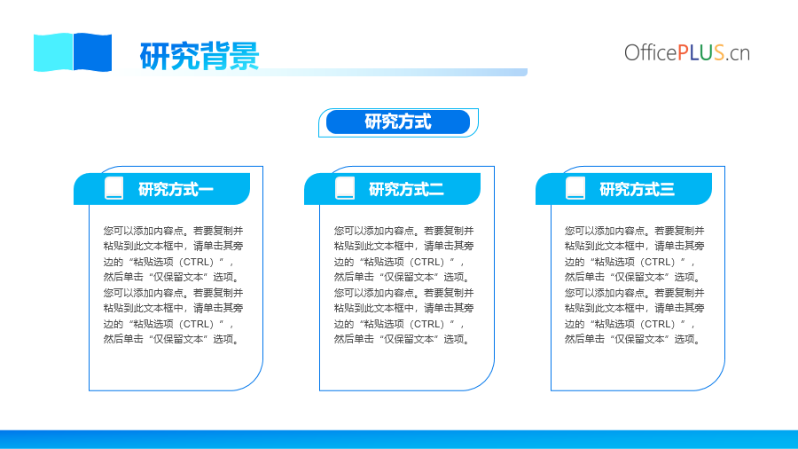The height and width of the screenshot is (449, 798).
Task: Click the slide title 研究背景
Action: [199, 56]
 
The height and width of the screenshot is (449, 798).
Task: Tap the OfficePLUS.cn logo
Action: [687, 52]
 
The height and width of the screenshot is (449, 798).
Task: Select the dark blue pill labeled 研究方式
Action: [398, 122]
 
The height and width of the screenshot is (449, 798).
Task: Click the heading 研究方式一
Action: [176, 189]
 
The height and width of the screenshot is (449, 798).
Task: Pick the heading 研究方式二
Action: [406, 189]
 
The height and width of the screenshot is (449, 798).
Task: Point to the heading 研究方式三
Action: [637, 189]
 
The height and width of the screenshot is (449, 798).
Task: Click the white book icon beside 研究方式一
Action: [114, 188]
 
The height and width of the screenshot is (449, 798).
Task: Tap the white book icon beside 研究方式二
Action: [345, 188]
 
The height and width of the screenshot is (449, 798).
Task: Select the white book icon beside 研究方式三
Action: [575, 188]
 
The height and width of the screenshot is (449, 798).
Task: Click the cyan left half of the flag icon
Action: [53, 52]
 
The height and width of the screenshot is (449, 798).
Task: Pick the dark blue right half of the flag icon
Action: [92, 52]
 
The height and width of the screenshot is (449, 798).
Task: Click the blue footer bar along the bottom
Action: [399, 439]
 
